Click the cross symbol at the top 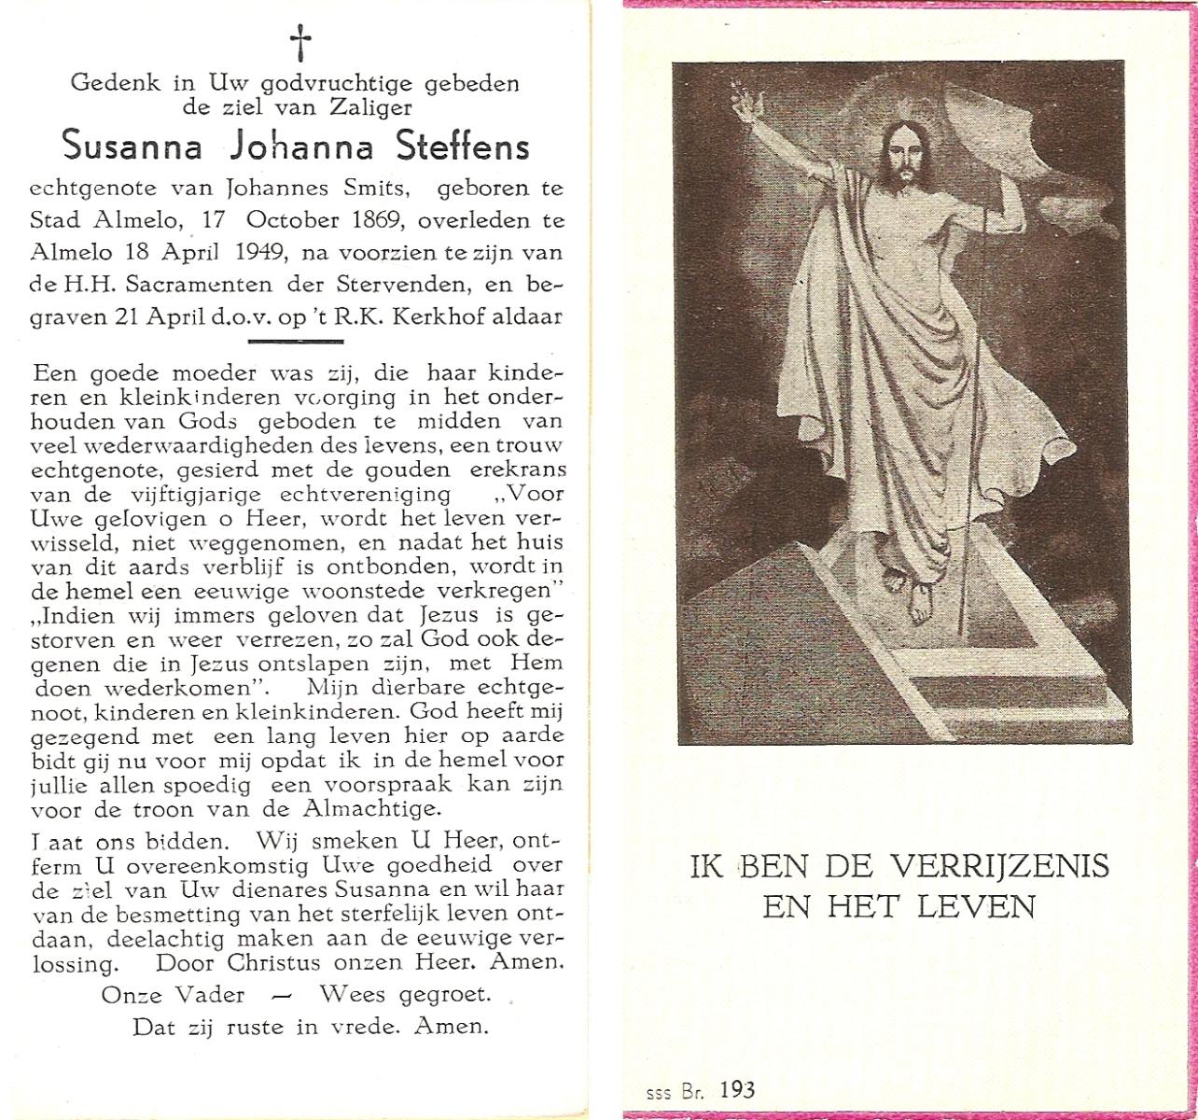pyautogui.click(x=299, y=42)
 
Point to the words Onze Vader pyautogui.click(x=173, y=995)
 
